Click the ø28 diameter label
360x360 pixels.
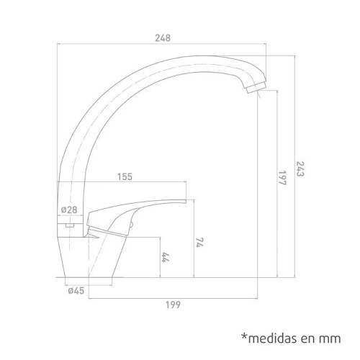[70, 209]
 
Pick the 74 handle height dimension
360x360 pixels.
[198, 244]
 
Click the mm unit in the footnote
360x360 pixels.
[328, 337]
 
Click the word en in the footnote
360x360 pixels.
[307, 337]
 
